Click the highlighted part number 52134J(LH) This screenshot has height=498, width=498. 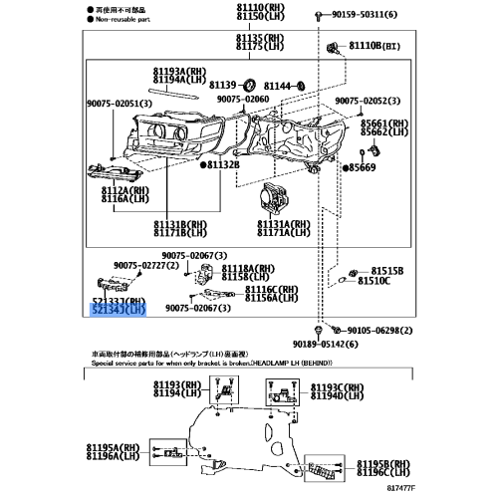click(119, 311)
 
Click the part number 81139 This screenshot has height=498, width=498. click(222, 86)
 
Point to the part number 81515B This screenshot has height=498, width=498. click(387, 270)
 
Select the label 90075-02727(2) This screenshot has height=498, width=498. click(145, 264)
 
